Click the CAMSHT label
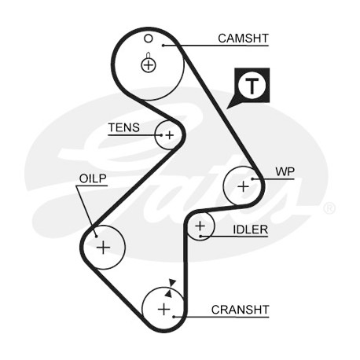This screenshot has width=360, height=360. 243,39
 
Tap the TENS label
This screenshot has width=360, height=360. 124,127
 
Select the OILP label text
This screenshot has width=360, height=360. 93,178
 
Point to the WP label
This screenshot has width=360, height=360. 285,171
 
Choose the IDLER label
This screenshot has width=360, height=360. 251,230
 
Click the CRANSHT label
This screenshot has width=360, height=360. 240,310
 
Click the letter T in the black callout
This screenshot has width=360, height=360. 252,86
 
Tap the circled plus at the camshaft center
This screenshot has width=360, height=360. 149,64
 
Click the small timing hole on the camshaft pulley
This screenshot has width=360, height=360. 149,39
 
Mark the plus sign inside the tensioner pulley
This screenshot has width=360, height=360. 170,135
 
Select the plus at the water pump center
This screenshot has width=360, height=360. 243,186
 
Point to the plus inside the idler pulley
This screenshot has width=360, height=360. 200,226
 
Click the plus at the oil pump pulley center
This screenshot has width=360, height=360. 104,248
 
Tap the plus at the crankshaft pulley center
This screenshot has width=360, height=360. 164,310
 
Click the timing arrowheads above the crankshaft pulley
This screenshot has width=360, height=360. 171,288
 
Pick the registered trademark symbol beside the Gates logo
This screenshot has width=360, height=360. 329,208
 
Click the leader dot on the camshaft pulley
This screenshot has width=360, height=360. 163,46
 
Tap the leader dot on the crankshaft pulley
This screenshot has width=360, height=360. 174,317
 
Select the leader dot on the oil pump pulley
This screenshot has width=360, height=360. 97,236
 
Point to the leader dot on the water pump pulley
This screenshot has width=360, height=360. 252,179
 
